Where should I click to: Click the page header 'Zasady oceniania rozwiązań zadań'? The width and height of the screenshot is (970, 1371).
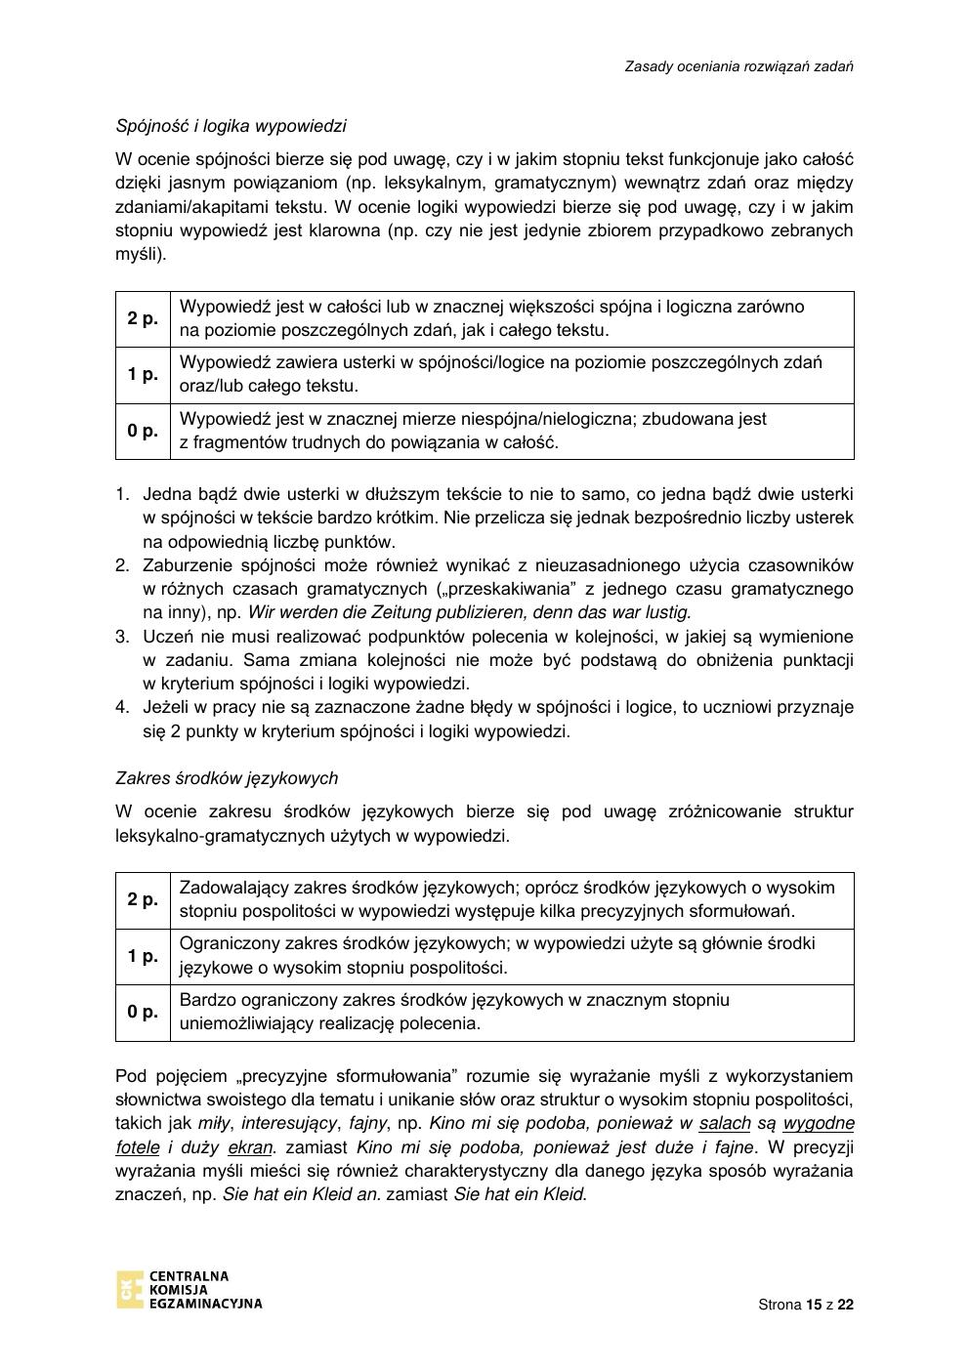(738, 66)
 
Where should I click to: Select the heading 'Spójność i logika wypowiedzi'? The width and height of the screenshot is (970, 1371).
(231, 126)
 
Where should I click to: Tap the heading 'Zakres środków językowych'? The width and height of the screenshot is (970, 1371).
(227, 778)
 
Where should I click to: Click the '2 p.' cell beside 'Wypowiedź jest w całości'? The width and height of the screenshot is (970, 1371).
(143, 318)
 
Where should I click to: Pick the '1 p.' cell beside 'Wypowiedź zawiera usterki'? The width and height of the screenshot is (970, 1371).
(143, 374)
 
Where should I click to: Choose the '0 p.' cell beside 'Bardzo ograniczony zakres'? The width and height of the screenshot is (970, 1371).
(143, 1013)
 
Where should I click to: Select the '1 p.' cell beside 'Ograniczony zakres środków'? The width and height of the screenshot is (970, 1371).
(143, 956)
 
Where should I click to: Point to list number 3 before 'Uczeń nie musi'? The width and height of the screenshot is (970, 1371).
(122, 637)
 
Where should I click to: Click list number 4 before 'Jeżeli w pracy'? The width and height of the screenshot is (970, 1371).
(122, 707)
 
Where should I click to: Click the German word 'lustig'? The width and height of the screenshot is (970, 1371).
(666, 613)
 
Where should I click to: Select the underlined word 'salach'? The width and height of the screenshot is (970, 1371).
(725, 1124)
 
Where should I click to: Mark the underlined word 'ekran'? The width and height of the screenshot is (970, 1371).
(249, 1147)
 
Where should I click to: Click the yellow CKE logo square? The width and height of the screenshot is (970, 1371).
(129, 1289)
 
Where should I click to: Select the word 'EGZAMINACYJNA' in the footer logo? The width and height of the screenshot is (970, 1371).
(204, 1304)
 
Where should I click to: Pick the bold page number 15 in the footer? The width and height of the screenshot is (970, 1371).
(815, 1305)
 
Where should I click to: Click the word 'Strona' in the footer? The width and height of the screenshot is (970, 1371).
(780, 1305)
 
